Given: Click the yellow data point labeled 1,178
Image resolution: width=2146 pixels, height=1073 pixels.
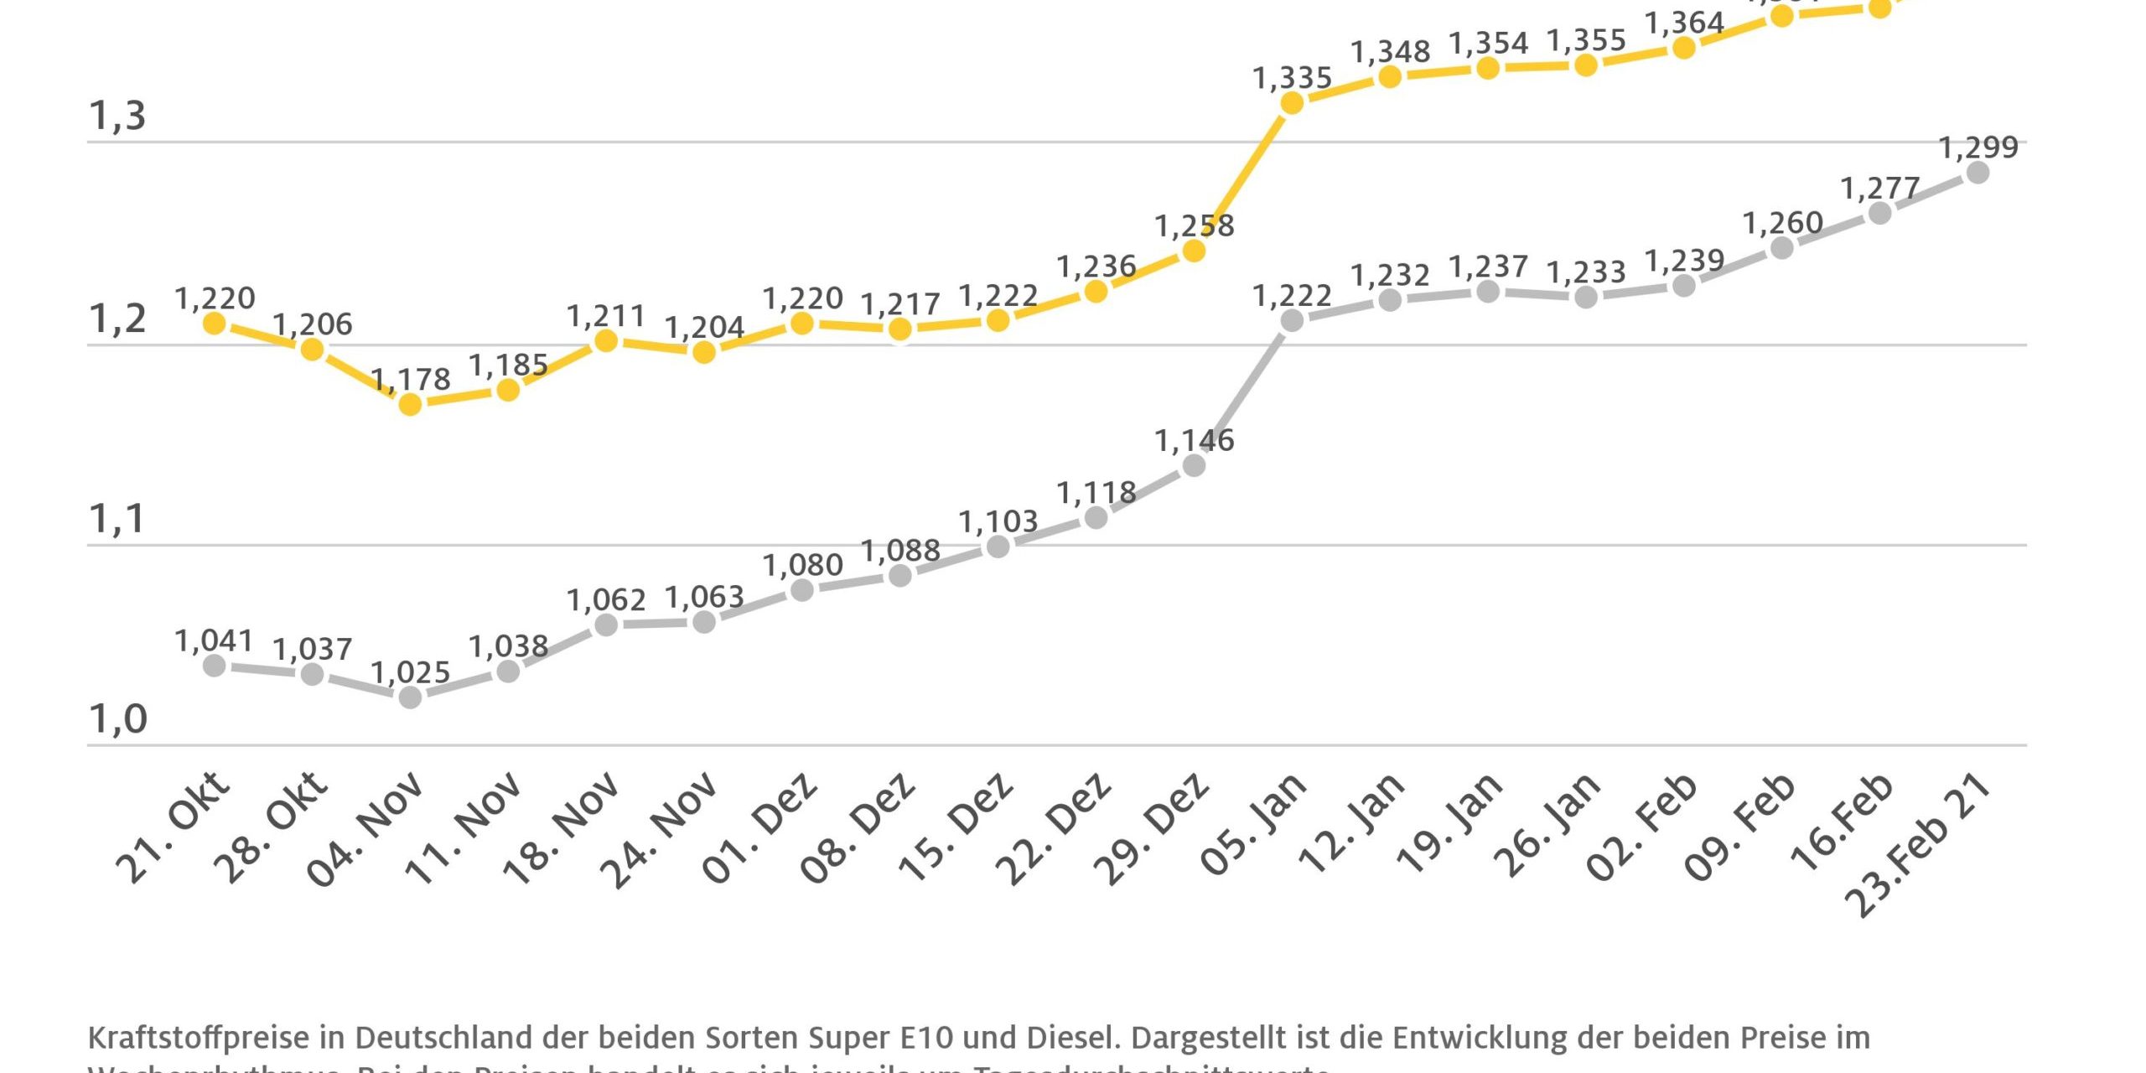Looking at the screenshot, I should tap(410, 405).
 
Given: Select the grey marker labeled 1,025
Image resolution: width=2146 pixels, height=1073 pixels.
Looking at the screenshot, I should tap(410, 697).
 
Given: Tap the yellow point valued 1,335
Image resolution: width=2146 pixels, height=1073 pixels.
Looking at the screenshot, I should tap(1292, 103).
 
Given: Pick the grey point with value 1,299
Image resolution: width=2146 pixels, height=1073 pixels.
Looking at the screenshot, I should tap(1978, 173).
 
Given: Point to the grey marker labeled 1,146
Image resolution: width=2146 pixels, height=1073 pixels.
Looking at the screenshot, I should tap(1194, 465).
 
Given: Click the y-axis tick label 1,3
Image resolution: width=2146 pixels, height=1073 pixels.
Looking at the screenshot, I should tap(117, 116).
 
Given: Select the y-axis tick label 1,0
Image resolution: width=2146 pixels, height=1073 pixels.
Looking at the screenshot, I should tap(117, 719).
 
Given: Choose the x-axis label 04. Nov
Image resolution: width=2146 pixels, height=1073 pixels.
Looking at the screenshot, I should tap(366, 830).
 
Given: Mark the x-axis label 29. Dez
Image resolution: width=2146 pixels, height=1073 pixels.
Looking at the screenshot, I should tap(1153, 830).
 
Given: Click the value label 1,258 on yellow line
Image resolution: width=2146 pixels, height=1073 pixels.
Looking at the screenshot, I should tap(1194, 225).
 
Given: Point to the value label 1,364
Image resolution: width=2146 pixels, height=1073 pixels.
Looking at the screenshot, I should tap(1683, 23).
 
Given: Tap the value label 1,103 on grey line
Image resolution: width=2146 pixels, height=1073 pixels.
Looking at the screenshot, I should tap(998, 521).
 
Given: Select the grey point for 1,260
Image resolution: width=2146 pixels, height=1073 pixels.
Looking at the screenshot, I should tap(1781, 248).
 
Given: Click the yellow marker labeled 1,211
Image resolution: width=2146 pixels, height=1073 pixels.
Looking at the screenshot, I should tap(606, 341).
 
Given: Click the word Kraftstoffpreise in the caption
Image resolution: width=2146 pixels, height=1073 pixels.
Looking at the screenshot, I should tap(199, 1038).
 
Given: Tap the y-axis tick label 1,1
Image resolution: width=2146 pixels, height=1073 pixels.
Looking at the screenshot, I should tap(117, 519).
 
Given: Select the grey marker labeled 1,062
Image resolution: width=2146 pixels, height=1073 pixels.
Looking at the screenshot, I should tap(606, 625).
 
